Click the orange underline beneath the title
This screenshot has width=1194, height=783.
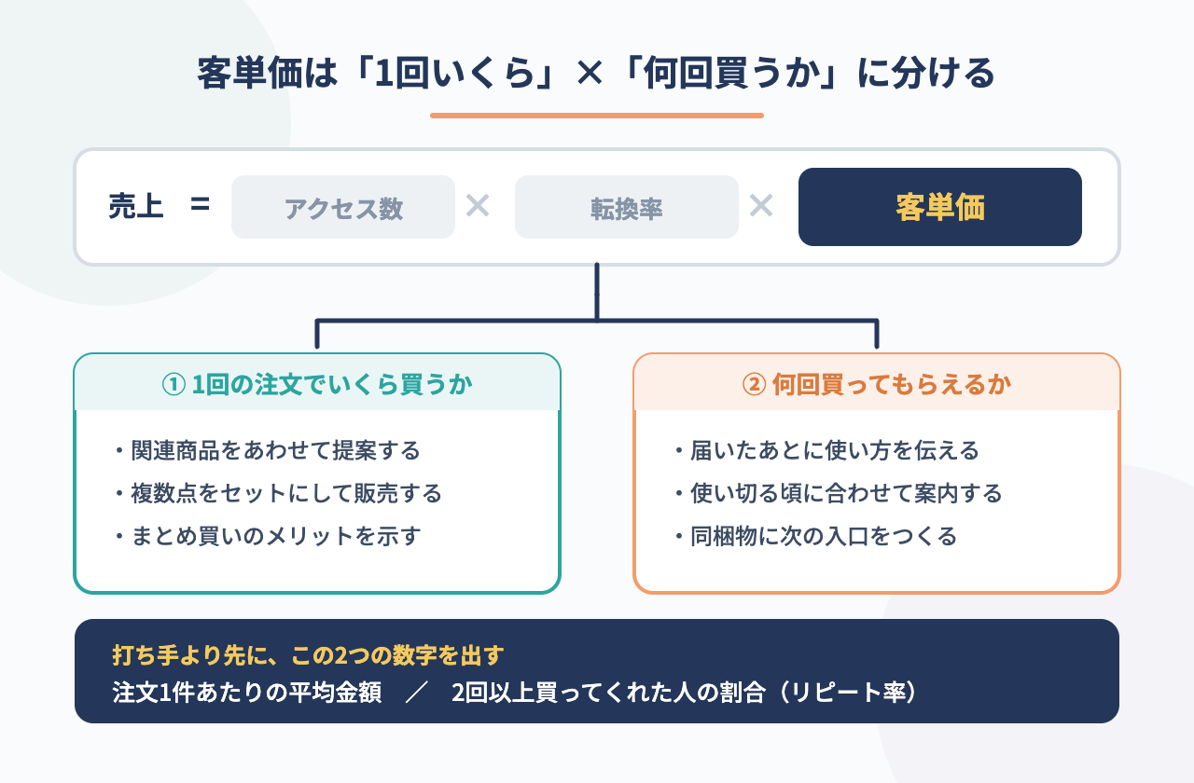[x=597, y=116]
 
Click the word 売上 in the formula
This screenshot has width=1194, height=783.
[x=136, y=206]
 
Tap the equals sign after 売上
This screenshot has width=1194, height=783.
[x=200, y=204]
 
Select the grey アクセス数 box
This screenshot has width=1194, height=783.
[x=343, y=207]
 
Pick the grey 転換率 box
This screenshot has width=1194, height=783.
[x=627, y=207]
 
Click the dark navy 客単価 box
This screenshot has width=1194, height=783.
[x=940, y=207]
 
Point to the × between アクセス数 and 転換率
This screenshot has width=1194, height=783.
[x=478, y=206]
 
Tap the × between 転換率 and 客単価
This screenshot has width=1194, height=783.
[x=761, y=206]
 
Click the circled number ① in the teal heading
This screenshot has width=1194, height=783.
[x=174, y=385]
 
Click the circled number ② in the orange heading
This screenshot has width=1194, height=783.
[x=755, y=385]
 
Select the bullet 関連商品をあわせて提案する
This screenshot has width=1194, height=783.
[x=269, y=450]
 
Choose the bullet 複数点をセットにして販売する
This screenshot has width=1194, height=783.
[x=279, y=493]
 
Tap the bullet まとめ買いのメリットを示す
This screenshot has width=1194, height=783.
[x=269, y=536]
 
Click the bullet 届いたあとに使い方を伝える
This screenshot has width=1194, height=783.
[x=827, y=450]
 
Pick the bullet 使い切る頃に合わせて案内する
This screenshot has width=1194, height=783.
[x=839, y=493]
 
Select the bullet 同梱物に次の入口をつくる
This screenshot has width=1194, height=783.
[x=816, y=536]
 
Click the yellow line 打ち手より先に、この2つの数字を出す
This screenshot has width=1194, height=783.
[x=308, y=655]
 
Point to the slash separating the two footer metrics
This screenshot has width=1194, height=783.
[x=417, y=693]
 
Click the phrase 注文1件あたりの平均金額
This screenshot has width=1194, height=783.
[x=247, y=693]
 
